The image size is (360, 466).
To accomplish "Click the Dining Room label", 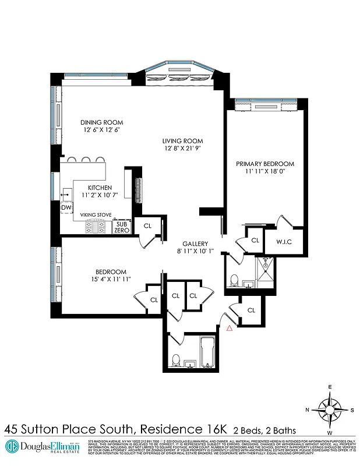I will click(x=102, y=122).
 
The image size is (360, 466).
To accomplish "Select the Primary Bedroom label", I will click(x=265, y=164).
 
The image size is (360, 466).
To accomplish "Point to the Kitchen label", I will click(x=100, y=187).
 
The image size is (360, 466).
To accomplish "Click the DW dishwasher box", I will click(x=66, y=207).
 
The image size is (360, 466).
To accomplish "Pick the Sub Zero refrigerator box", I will click(x=121, y=227).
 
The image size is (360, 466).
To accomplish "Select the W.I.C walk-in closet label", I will click(x=284, y=240).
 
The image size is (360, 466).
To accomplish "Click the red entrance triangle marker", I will click(x=230, y=329).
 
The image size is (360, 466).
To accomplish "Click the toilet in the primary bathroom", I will click(x=233, y=281).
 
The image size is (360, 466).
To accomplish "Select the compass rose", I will click(x=330, y=408).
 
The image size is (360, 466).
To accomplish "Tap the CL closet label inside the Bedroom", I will click(x=154, y=300).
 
